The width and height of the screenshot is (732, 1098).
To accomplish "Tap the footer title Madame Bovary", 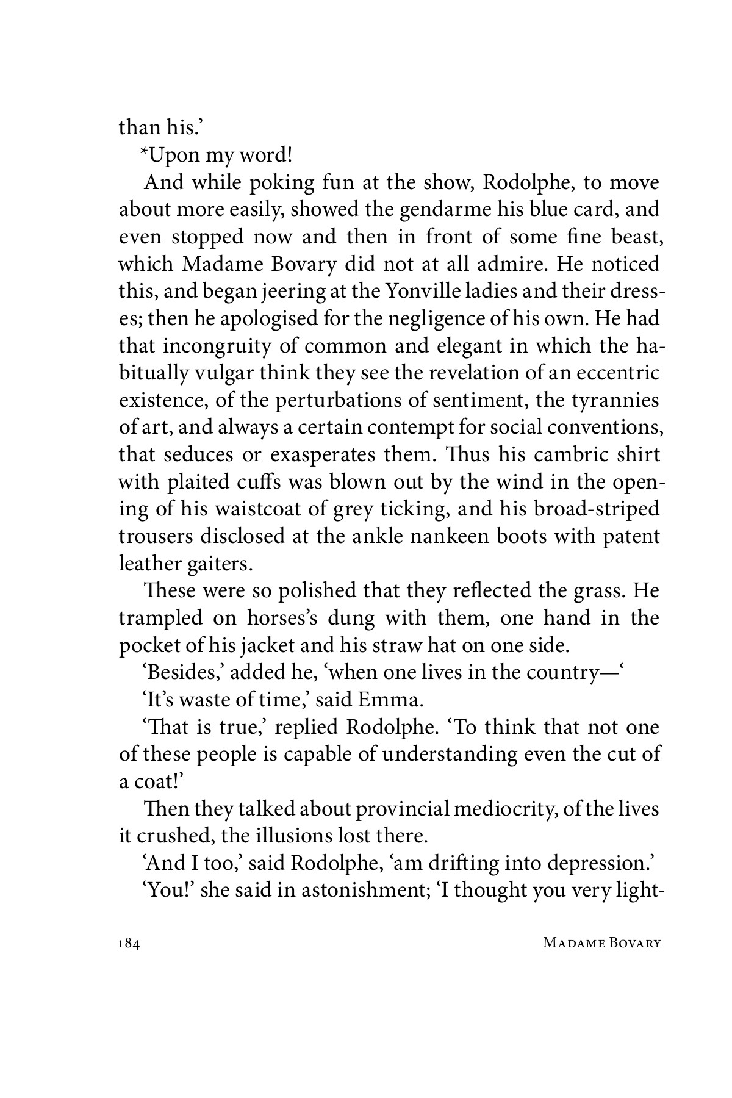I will [x=601, y=943].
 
